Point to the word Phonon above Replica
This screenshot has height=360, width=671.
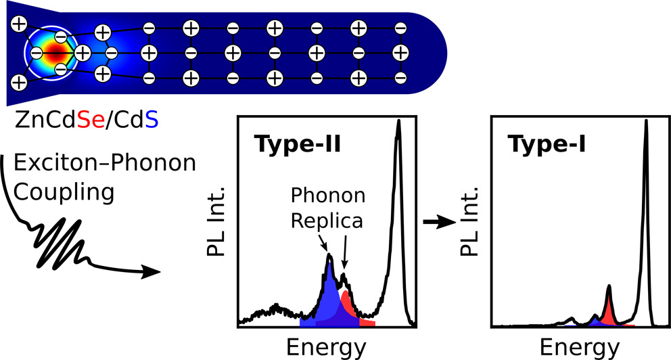(x=328, y=195)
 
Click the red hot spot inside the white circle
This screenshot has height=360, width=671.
(x=55, y=51)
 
